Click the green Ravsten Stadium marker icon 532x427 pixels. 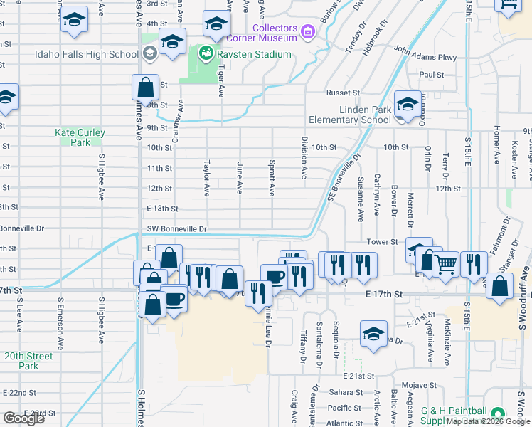(206, 53)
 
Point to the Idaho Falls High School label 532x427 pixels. (86, 54)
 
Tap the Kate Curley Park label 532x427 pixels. (80, 137)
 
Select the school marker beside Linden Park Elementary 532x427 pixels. (406, 106)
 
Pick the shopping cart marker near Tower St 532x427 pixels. (445, 265)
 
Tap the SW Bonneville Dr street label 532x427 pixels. (177, 229)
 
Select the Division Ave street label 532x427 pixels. (304, 158)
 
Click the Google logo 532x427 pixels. (23, 418)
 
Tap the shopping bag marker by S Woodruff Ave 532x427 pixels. (500, 286)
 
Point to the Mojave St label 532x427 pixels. (417, 385)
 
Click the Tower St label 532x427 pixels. (382, 242)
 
